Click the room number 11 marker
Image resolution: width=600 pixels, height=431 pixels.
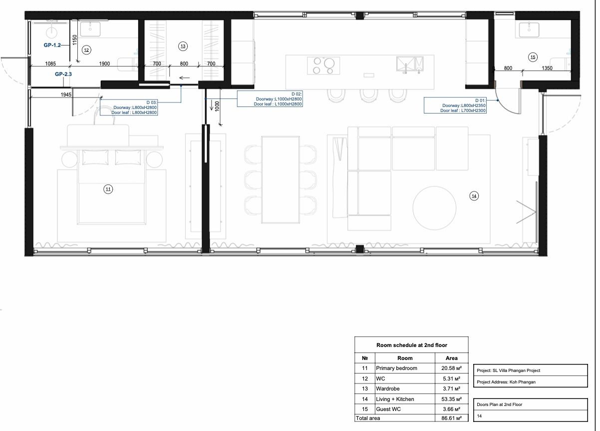[x=108, y=189]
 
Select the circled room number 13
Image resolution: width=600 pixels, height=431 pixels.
[x=183, y=46]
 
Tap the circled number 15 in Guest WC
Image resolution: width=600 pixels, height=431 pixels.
[x=533, y=57]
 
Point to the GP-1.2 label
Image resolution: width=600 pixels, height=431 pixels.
[x=52, y=45]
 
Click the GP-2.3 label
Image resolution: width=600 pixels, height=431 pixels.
[x=63, y=74]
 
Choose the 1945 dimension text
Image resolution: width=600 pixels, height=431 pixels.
[x=66, y=94]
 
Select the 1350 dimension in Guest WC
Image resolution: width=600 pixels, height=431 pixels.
[x=547, y=68]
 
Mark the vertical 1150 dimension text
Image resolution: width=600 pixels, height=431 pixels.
[x=75, y=39]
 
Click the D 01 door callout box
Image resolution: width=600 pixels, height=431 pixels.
[x=455, y=105]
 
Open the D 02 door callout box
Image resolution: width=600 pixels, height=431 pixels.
[x=270, y=99]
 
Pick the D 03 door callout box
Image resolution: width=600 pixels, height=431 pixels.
[x=129, y=107]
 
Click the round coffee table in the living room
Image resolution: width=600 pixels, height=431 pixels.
[x=434, y=208]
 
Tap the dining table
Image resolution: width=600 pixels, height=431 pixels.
[x=281, y=180]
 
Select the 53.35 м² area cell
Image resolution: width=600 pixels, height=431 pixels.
[x=452, y=399]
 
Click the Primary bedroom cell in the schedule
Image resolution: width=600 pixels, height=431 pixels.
[x=396, y=368]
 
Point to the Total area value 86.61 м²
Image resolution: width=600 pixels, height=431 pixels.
[x=452, y=418]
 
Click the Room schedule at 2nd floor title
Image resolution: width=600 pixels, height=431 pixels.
[x=412, y=345]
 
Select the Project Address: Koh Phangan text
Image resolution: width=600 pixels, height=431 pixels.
[x=506, y=382]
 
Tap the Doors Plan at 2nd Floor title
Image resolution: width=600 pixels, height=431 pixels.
[x=499, y=404]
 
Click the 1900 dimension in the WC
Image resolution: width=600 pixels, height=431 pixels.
[x=104, y=63]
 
